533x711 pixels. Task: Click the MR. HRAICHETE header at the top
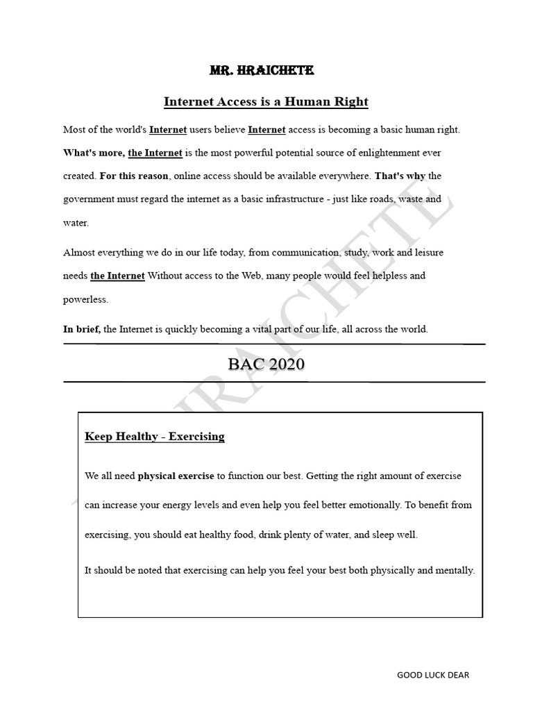coord(262,70)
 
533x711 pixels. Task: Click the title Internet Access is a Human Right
coord(266,102)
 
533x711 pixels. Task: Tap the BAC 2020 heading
coord(266,363)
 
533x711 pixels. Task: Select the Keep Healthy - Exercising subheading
coord(155,437)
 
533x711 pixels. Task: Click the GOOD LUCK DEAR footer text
coord(433,675)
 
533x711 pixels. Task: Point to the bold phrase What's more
coord(94,153)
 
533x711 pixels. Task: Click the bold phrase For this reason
coord(133,176)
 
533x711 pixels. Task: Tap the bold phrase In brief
coord(82,330)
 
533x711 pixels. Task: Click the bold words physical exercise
coord(176,476)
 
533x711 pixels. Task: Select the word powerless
coord(86,300)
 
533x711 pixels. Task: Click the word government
coord(92,199)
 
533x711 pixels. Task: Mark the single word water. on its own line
coord(76,224)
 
